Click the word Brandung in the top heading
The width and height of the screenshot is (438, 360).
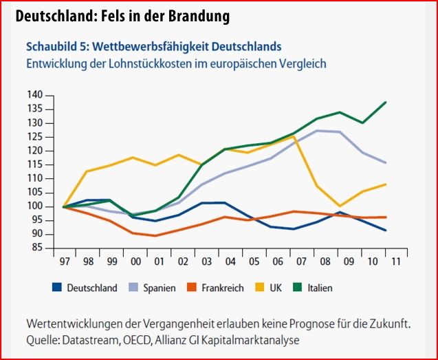point(195,15)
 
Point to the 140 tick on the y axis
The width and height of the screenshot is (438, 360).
point(35,95)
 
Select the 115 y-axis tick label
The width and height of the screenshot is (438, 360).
point(35,165)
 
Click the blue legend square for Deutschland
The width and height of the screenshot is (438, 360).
point(58,288)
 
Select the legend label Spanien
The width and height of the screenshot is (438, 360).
point(159,288)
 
